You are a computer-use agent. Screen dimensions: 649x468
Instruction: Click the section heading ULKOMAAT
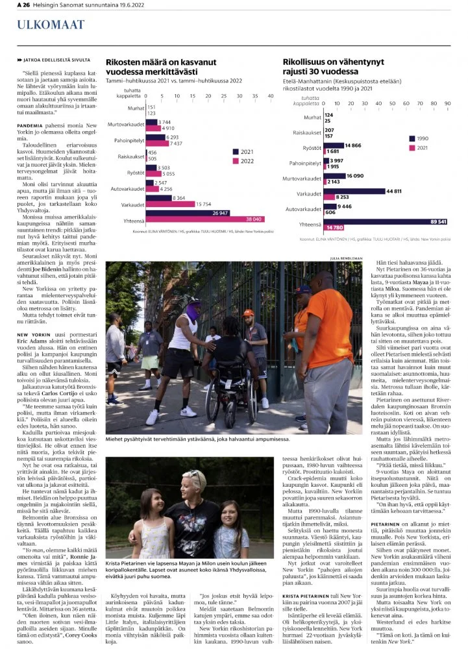tap(42, 25)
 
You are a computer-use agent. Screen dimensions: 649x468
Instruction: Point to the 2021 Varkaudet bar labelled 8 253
tap(330, 197)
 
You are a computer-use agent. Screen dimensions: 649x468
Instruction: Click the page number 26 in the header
tap(27, 5)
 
